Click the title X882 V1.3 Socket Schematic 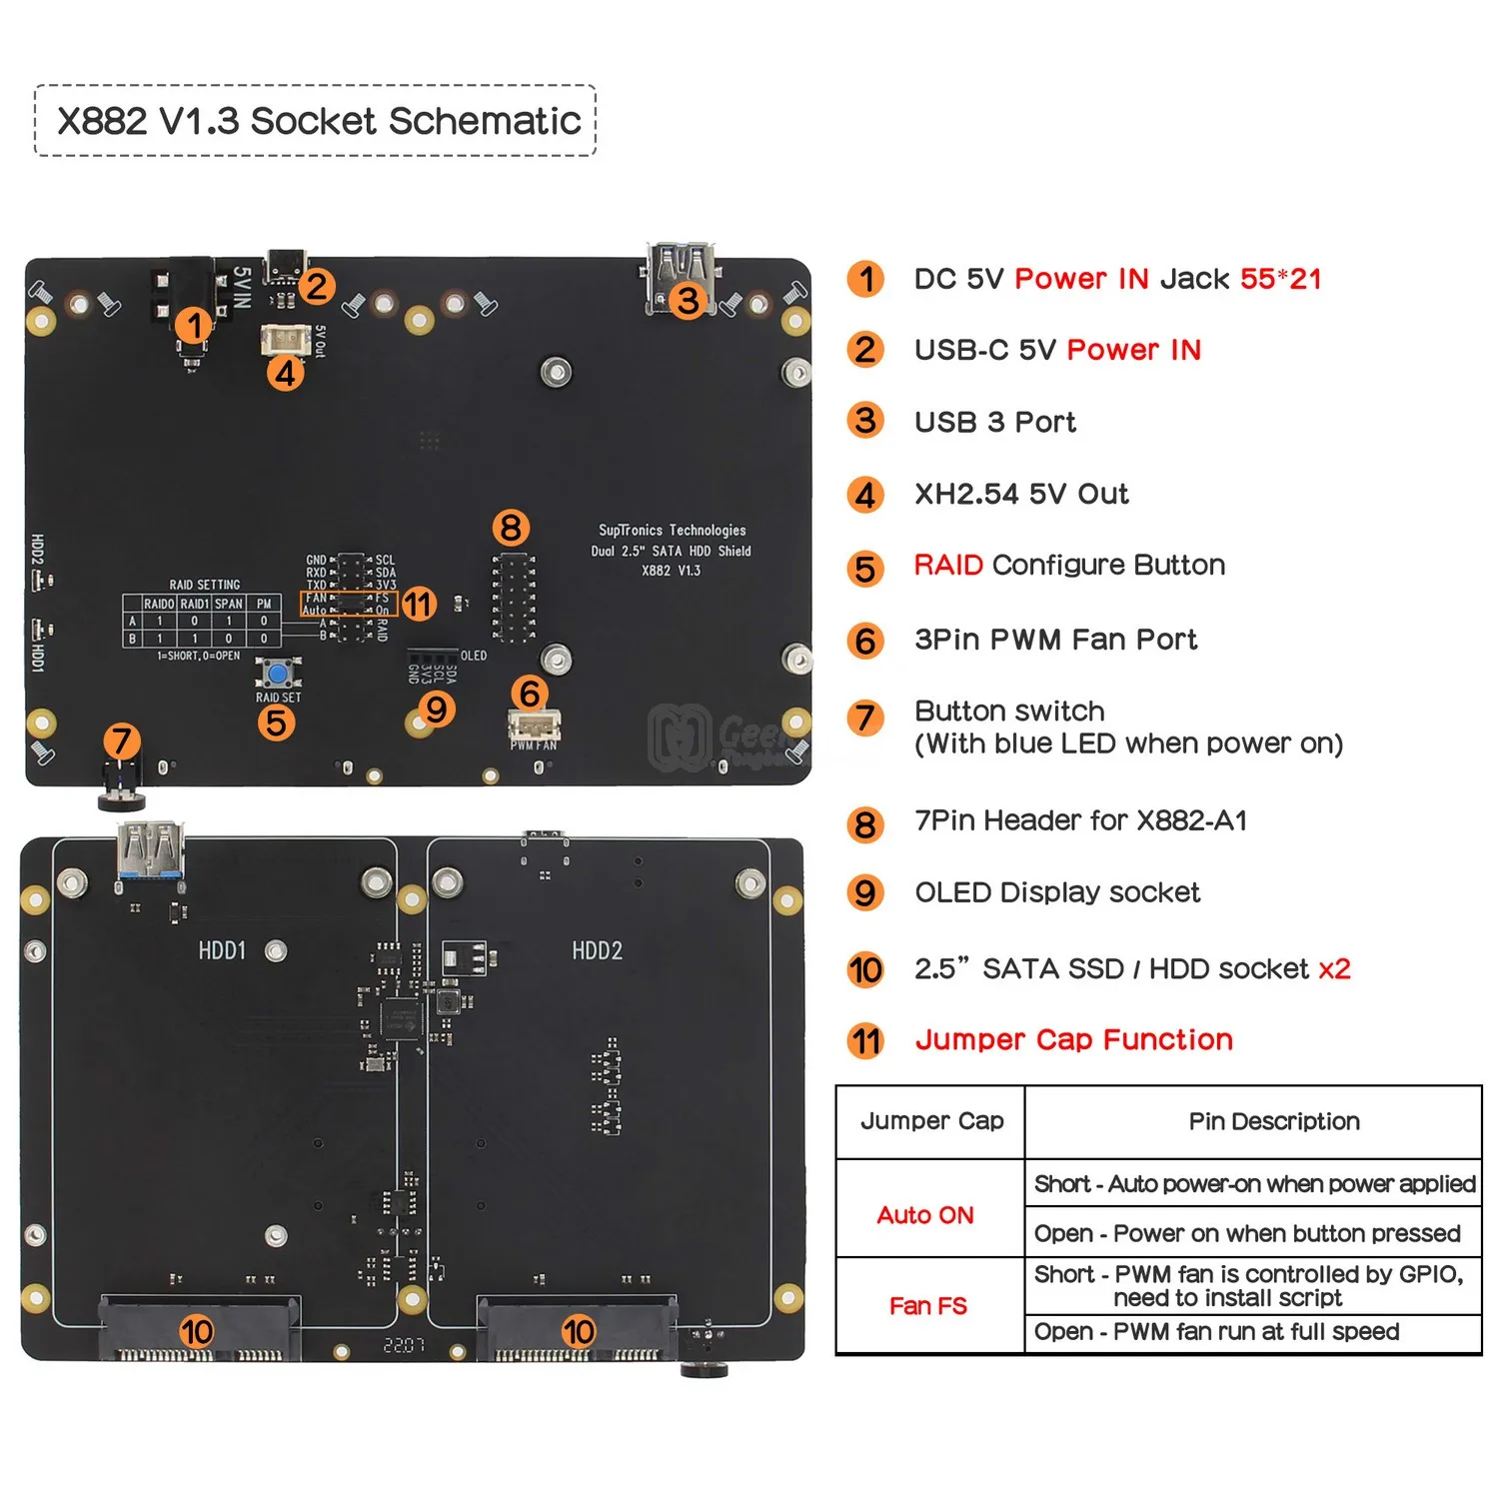point(318,121)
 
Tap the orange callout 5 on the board point(276,723)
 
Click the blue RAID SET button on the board point(278,672)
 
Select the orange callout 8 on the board point(511,527)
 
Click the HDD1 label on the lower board point(222,950)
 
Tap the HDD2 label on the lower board point(597,950)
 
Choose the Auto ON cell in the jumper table point(925,1215)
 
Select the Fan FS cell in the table point(928,1306)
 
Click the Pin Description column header point(1274,1121)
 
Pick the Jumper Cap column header point(931,1121)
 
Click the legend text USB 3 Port point(995,423)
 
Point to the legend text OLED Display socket point(1057,892)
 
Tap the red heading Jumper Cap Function point(1074,1040)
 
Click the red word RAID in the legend point(948,566)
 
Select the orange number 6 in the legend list point(865,641)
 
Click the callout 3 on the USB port point(688,300)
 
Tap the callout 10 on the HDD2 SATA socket point(578,1331)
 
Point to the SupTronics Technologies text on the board point(673,531)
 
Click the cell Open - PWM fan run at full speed point(1216,1332)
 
